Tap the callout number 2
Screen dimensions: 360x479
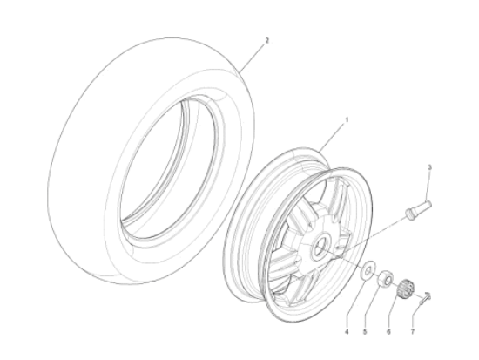click(266, 40)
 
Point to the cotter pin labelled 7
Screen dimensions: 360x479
click(423, 299)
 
